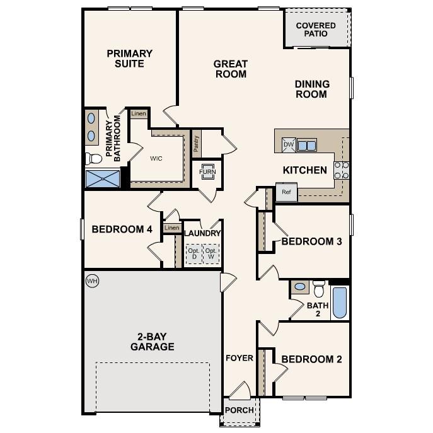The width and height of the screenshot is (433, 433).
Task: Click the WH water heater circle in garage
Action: pos(92,280)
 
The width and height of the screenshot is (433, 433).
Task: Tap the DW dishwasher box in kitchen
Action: pos(289,145)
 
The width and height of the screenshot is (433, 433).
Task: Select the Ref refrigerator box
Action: pos(286,192)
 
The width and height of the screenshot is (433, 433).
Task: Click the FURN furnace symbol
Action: pos(207,172)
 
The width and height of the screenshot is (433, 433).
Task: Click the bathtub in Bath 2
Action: pos(339,303)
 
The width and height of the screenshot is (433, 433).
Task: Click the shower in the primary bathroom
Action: pos(102,178)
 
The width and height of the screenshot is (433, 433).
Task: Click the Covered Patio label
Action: pos(316,30)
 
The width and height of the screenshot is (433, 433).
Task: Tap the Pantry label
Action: pos(197,144)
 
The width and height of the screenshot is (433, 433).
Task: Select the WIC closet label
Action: pos(156,158)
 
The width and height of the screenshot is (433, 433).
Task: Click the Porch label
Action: pos(240,410)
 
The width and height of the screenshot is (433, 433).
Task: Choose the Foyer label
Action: pos(239,358)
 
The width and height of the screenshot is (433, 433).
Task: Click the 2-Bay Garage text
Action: pos(152,342)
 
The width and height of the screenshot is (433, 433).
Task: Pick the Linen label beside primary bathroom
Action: pos(139,114)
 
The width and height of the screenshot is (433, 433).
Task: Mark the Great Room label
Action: pos(230,69)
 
